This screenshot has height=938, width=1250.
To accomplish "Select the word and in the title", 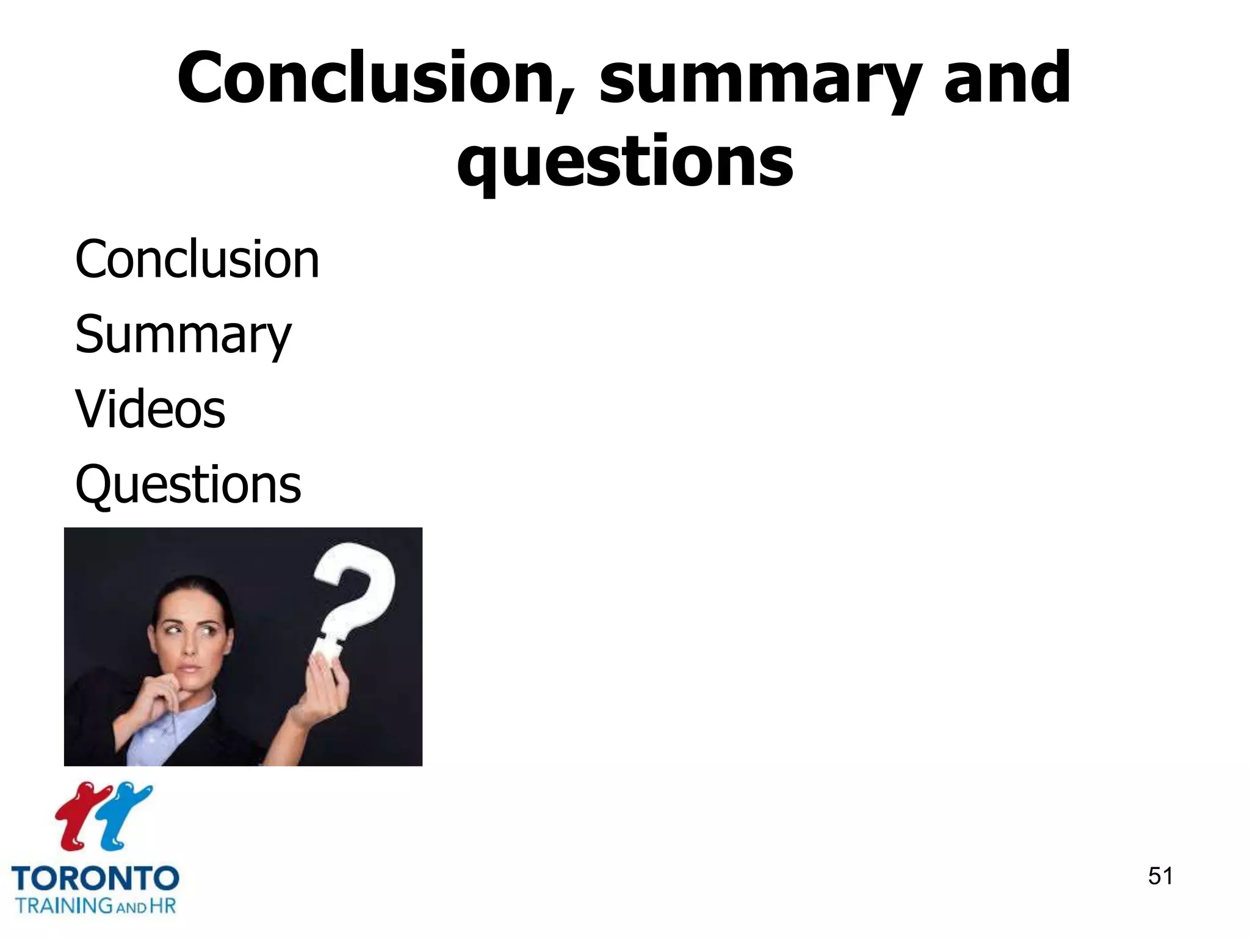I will tap(1007, 78).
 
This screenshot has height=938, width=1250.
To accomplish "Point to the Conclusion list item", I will tap(197, 260).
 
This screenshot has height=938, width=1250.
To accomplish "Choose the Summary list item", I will tap(183, 335).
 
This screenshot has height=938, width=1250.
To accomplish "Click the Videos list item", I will tap(150, 409).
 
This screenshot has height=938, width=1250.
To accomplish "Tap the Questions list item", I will tap(188, 484).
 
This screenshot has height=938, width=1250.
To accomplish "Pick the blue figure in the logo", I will tap(122, 815).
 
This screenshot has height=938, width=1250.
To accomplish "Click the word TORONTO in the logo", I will tap(95, 879).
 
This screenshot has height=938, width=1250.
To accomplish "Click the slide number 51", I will tap(1160, 876).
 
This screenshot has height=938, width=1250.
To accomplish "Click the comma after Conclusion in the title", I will tap(565, 101).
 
